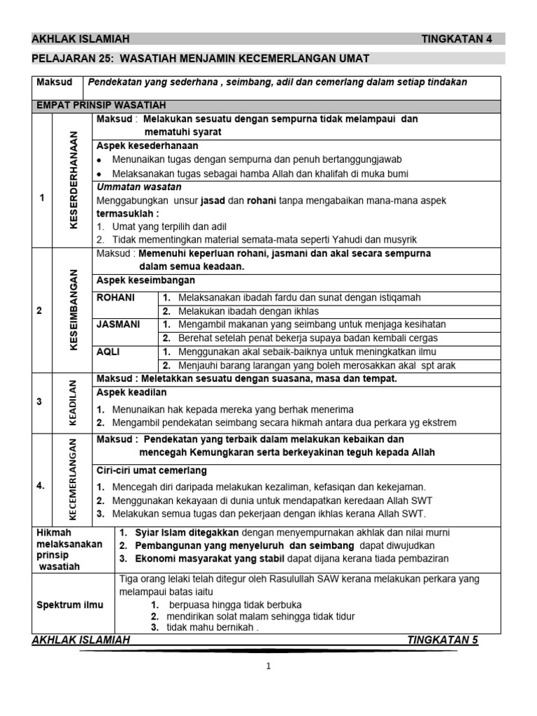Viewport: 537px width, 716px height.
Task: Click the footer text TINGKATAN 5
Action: pos(443,640)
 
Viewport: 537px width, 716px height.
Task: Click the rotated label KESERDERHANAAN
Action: pos(73,180)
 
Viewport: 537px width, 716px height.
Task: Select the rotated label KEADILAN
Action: pos(72,403)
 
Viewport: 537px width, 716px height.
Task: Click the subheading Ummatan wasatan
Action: pos(138,187)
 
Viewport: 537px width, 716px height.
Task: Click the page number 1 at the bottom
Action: pos(268,666)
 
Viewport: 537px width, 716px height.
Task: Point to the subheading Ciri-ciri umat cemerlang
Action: pos(152,470)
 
